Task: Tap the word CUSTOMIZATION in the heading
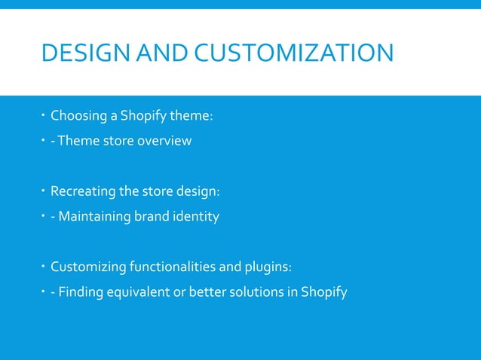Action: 293,53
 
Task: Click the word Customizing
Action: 87,267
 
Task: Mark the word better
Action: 200,293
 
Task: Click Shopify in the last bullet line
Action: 323,293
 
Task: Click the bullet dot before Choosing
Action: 44,115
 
